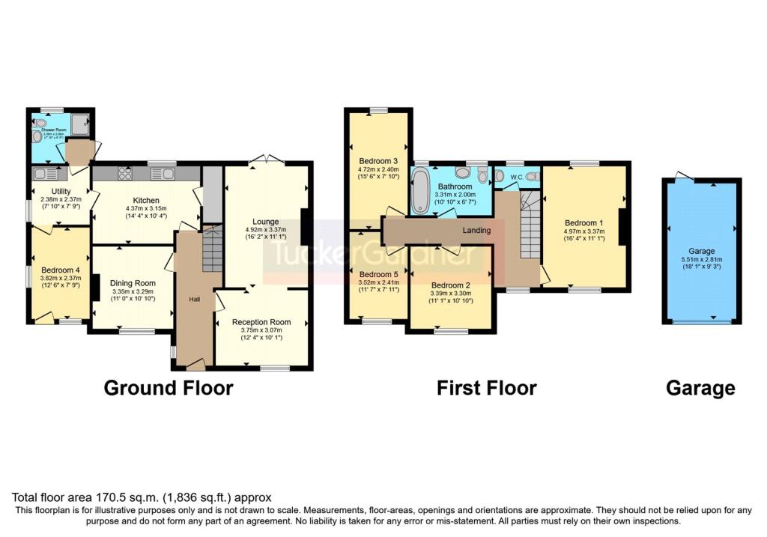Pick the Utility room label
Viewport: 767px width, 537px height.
[x=60, y=192]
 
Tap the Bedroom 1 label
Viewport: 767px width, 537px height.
[x=584, y=222]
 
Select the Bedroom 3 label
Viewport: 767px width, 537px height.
[x=378, y=161]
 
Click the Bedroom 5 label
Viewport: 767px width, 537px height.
[x=378, y=273]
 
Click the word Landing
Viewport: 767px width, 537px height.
[x=476, y=230]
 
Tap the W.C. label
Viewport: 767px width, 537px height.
[x=517, y=178]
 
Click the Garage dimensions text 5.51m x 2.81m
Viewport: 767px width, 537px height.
[x=702, y=261]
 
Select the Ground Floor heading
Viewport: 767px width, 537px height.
[x=168, y=388]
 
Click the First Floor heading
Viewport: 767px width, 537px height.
[x=486, y=388]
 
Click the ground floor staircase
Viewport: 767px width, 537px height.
[x=213, y=250]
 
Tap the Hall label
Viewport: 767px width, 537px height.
[x=194, y=299]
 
